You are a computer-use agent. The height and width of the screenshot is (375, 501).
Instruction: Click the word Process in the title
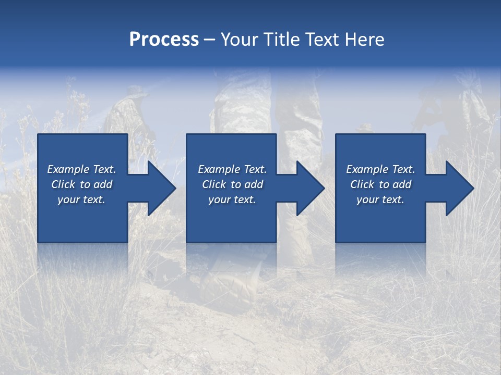(164, 39)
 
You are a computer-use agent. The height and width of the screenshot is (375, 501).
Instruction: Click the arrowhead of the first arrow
(162, 188)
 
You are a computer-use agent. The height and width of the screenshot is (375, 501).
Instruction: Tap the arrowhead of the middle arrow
(311, 188)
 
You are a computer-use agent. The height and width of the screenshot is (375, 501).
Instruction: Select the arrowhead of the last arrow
(460, 188)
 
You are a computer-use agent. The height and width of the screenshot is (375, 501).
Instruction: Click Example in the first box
(68, 169)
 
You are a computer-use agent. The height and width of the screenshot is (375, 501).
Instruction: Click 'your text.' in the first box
(81, 199)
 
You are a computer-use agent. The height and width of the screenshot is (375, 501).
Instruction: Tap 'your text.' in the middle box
(232, 199)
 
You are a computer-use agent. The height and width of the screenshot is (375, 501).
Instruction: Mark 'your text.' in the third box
(380, 199)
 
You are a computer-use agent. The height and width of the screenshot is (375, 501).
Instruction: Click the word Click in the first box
(63, 184)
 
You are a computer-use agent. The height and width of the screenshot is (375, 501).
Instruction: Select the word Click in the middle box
(214, 184)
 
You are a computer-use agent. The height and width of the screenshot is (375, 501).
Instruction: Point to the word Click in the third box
(362, 184)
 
